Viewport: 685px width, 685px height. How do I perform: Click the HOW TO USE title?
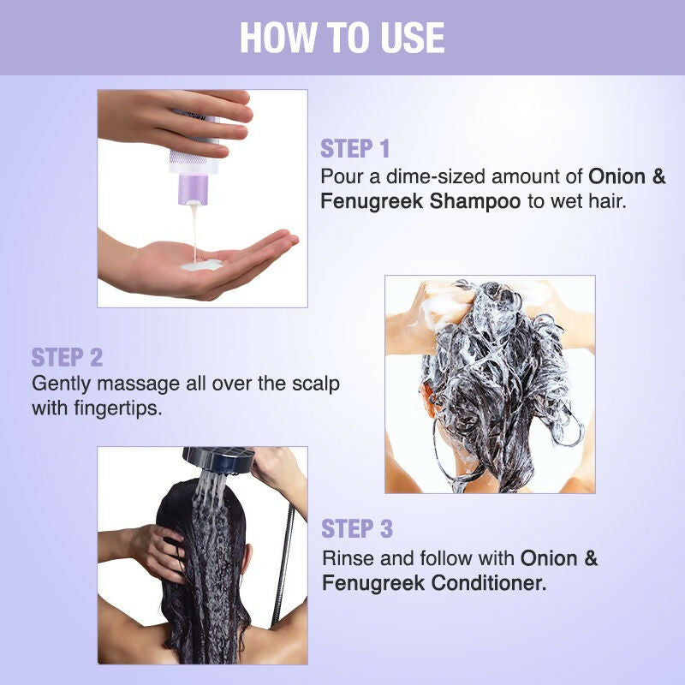click(x=342, y=37)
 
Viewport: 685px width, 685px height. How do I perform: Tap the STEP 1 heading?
click(x=354, y=148)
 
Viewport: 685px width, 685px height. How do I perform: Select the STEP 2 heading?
click(x=67, y=357)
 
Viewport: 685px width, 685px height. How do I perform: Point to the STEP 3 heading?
click(x=357, y=528)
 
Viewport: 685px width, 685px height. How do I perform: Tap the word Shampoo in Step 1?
click(x=475, y=202)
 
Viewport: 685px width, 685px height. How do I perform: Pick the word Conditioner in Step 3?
click(x=489, y=583)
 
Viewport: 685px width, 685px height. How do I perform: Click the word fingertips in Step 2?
click(x=117, y=409)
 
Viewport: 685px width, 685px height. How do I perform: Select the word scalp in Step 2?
click(x=315, y=384)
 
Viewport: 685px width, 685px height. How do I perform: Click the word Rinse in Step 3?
click(x=348, y=558)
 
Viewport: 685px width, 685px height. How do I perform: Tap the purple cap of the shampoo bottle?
click(x=193, y=188)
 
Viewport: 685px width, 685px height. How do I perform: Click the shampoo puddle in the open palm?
click(x=201, y=265)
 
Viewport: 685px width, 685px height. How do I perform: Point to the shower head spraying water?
click(x=218, y=460)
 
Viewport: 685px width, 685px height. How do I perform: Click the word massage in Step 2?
click(x=139, y=384)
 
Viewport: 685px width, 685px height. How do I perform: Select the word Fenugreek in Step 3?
click(x=373, y=584)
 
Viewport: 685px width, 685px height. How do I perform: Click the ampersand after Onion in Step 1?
click(x=659, y=176)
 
